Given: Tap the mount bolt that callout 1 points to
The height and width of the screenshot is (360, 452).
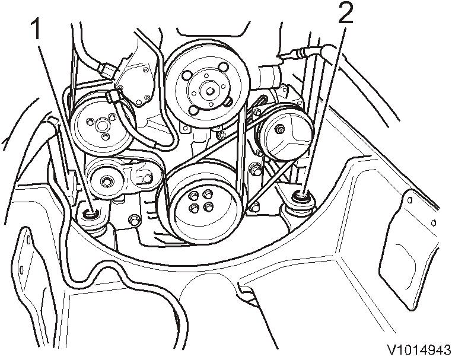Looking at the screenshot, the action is click(91, 214).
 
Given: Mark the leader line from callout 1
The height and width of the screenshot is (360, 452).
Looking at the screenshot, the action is click(62, 119).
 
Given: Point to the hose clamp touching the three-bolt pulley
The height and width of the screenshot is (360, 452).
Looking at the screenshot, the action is click(113, 95).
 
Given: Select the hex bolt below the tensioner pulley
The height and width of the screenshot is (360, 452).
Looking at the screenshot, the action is click(134, 221).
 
